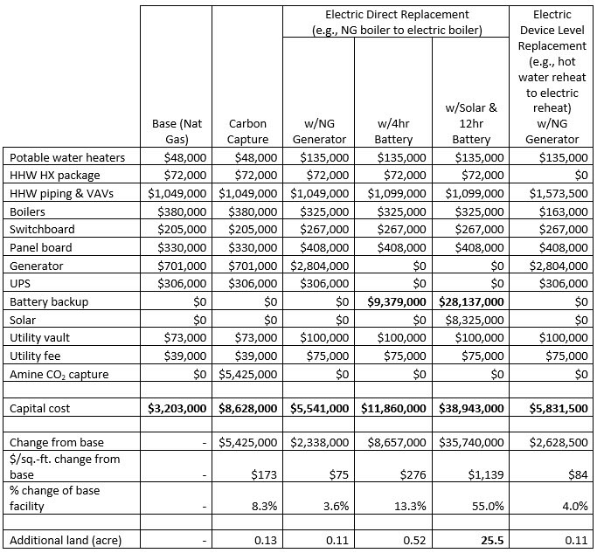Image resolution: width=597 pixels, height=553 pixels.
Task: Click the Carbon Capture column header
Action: pyautogui.click(x=249, y=131)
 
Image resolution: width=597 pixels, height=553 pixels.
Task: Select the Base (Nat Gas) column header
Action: pyautogui.click(x=177, y=131)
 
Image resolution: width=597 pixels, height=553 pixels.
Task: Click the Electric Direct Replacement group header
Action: pyautogui.click(x=396, y=22)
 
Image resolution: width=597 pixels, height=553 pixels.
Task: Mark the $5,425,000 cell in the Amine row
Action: pyautogui.click(x=248, y=374)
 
